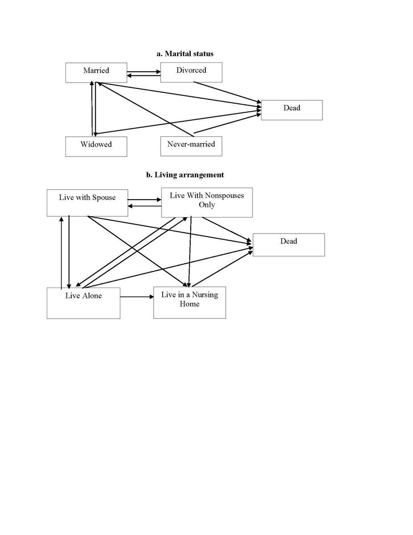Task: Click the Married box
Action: pyautogui.click(x=96, y=72)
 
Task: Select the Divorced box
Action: pyautogui.click(x=191, y=72)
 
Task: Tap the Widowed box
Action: pyautogui.click(x=96, y=146)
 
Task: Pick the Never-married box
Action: pyautogui.click(x=191, y=146)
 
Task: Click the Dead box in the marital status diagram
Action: pyautogui.click(x=291, y=110)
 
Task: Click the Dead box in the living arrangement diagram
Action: pyautogui.click(x=288, y=244)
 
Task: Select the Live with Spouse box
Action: pyautogui.click(x=87, y=203)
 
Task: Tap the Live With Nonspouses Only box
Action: pyautogui.click(x=207, y=203)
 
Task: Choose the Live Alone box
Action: pyautogui.click(x=83, y=303)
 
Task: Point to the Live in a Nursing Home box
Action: pyautogui.click(x=189, y=303)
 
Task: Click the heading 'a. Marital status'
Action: pyautogui.click(x=185, y=53)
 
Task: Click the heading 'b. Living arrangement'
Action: pyautogui.click(x=185, y=175)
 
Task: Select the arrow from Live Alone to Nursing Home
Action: pyautogui.click(x=136, y=296)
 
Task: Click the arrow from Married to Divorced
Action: pyautogui.click(x=143, y=71)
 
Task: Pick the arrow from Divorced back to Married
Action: pyautogui.click(x=143, y=76)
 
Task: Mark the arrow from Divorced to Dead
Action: pyautogui.click(x=227, y=92)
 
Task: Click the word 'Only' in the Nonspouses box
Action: pyautogui.click(x=207, y=205)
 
